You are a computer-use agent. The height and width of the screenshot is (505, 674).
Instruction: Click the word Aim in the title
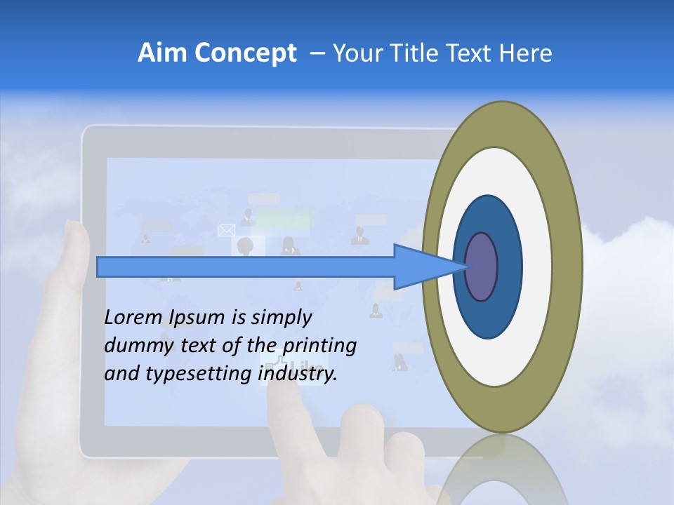163,53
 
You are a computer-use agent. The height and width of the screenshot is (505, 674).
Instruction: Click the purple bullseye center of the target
482,267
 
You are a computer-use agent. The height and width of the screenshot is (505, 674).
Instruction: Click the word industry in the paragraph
298,374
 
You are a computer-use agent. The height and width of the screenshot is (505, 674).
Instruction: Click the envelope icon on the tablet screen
226,230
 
